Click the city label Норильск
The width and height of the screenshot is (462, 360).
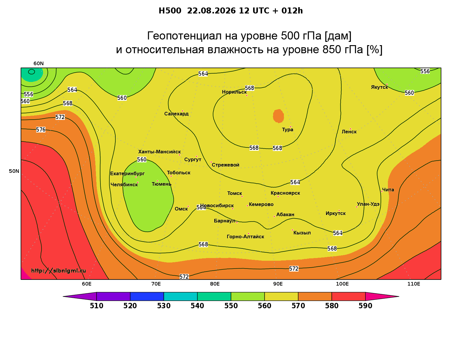(x=234, y=92)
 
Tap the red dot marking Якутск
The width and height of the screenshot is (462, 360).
(x=387, y=84)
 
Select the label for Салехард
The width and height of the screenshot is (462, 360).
(x=176, y=114)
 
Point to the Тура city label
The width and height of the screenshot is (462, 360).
(x=287, y=129)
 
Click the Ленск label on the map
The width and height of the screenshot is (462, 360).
(x=349, y=132)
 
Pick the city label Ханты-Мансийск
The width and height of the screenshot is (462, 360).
(x=160, y=152)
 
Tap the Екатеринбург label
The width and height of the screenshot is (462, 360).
(x=127, y=173)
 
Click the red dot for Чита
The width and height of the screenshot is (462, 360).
(x=382, y=191)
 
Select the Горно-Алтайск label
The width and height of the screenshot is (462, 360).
(x=245, y=237)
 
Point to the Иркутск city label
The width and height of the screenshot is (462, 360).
(x=336, y=213)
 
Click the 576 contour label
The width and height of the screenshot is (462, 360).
(x=41, y=129)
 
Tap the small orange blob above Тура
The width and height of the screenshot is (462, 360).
(x=278, y=116)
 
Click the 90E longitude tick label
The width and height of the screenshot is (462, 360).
(x=278, y=284)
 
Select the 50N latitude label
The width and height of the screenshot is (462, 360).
(x=14, y=171)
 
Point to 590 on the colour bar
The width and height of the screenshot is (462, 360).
(x=365, y=306)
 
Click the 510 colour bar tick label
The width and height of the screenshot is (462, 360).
(x=97, y=306)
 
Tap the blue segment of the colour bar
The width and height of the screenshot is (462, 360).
(x=147, y=296)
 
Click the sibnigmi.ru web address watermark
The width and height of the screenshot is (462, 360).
(x=59, y=271)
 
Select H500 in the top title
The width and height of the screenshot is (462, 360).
(x=170, y=11)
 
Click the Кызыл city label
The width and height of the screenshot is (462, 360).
(x=302, y=233)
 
